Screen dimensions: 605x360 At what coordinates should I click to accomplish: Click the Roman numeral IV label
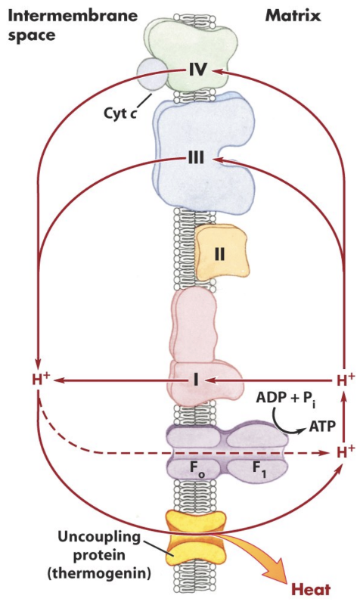pyautogui.click(x=197, y=70)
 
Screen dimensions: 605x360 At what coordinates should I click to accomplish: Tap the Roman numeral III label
pyautogui.click(x=197, y=160)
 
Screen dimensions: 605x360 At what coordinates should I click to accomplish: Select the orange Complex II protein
pyautogui.click(x=219, y=253)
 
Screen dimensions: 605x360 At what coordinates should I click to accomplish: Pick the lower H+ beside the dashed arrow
pyautogui.click(x=344, y=452)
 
